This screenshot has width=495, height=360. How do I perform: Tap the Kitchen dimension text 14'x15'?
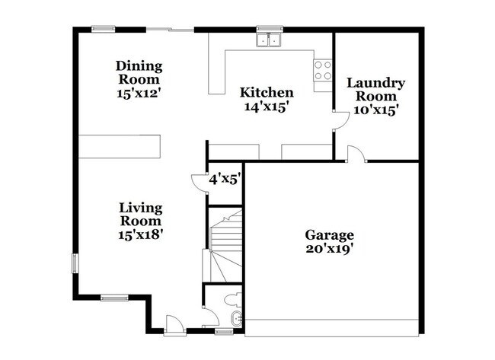[x=267, y=107]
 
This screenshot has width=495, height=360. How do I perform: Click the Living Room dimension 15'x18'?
[x=141, y=234]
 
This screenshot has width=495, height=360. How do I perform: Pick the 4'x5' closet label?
[x=225, y=180]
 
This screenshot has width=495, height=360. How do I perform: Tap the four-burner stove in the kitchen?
[x=323, y=71]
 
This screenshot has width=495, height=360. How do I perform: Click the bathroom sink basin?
[x=236, y=318]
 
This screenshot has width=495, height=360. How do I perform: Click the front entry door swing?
[x=174, y=324]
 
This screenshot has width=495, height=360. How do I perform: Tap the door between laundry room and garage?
[x=356, y=154]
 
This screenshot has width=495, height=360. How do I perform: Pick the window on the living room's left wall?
[x=74, y=263]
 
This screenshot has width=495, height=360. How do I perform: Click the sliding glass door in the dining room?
[x=170, y=30]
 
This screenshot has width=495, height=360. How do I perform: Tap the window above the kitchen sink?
[x=268, y=30]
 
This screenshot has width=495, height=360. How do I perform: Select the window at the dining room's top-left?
[x=103, y=30]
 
